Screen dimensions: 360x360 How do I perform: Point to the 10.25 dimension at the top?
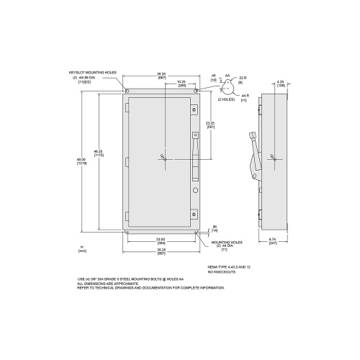click(x=181, y=82)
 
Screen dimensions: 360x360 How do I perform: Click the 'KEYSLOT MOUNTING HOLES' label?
click(x=92, y=73)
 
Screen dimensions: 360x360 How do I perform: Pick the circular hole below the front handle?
click(x=194, y=190)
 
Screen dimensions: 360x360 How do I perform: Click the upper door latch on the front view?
click(x=194, y=109)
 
